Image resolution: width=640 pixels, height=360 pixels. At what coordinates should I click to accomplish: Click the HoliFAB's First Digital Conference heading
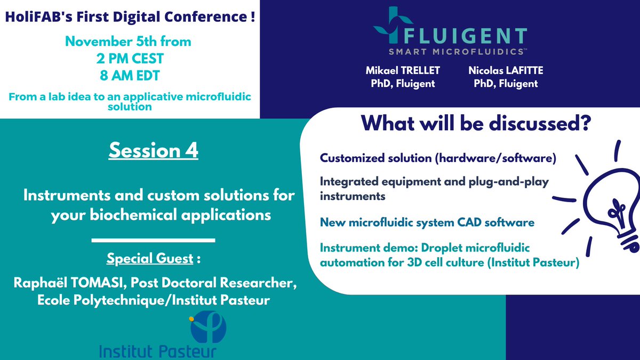(x=129, y=17)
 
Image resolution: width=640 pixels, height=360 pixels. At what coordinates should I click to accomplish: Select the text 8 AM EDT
(x=129, y=76)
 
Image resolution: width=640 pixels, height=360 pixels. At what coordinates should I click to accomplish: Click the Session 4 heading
(x=153, y=150)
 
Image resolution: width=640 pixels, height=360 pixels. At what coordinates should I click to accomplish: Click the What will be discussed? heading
(x=475, y=125)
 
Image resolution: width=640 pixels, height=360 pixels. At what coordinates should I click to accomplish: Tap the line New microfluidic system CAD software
(x=427, y=222)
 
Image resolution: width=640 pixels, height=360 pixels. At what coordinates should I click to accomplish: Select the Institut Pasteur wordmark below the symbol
(x=157, y=351)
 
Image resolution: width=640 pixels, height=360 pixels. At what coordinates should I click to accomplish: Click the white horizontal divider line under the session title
(x=153, y=240)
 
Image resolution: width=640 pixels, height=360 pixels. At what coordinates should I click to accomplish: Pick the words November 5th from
(x=129, y=42)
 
